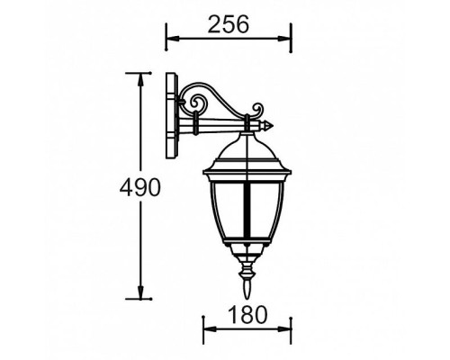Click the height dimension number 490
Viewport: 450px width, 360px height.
click(x=140, y=188)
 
